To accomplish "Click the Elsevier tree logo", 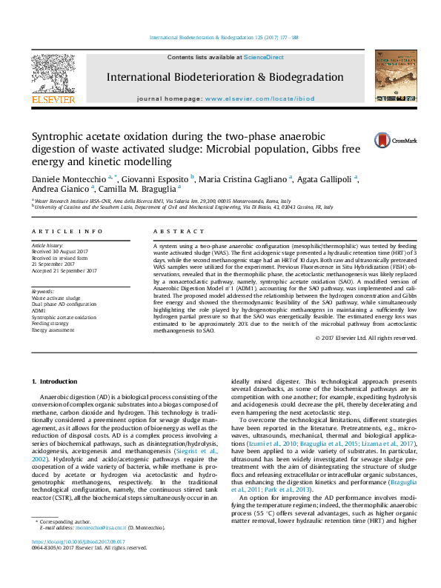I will (53, 73).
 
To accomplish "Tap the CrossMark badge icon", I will (385, 139).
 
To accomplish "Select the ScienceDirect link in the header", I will (264, 57).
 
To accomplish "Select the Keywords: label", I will (42, 292).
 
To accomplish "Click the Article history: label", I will (47, 244).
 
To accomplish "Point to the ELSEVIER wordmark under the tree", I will (53, 99).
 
